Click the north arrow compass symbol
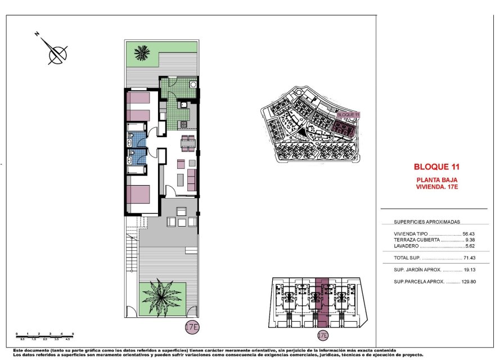point(57,54)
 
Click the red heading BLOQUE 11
point(437,167)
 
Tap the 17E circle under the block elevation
point(322,336)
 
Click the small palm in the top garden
point(142,54)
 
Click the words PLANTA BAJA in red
point(437,179)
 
